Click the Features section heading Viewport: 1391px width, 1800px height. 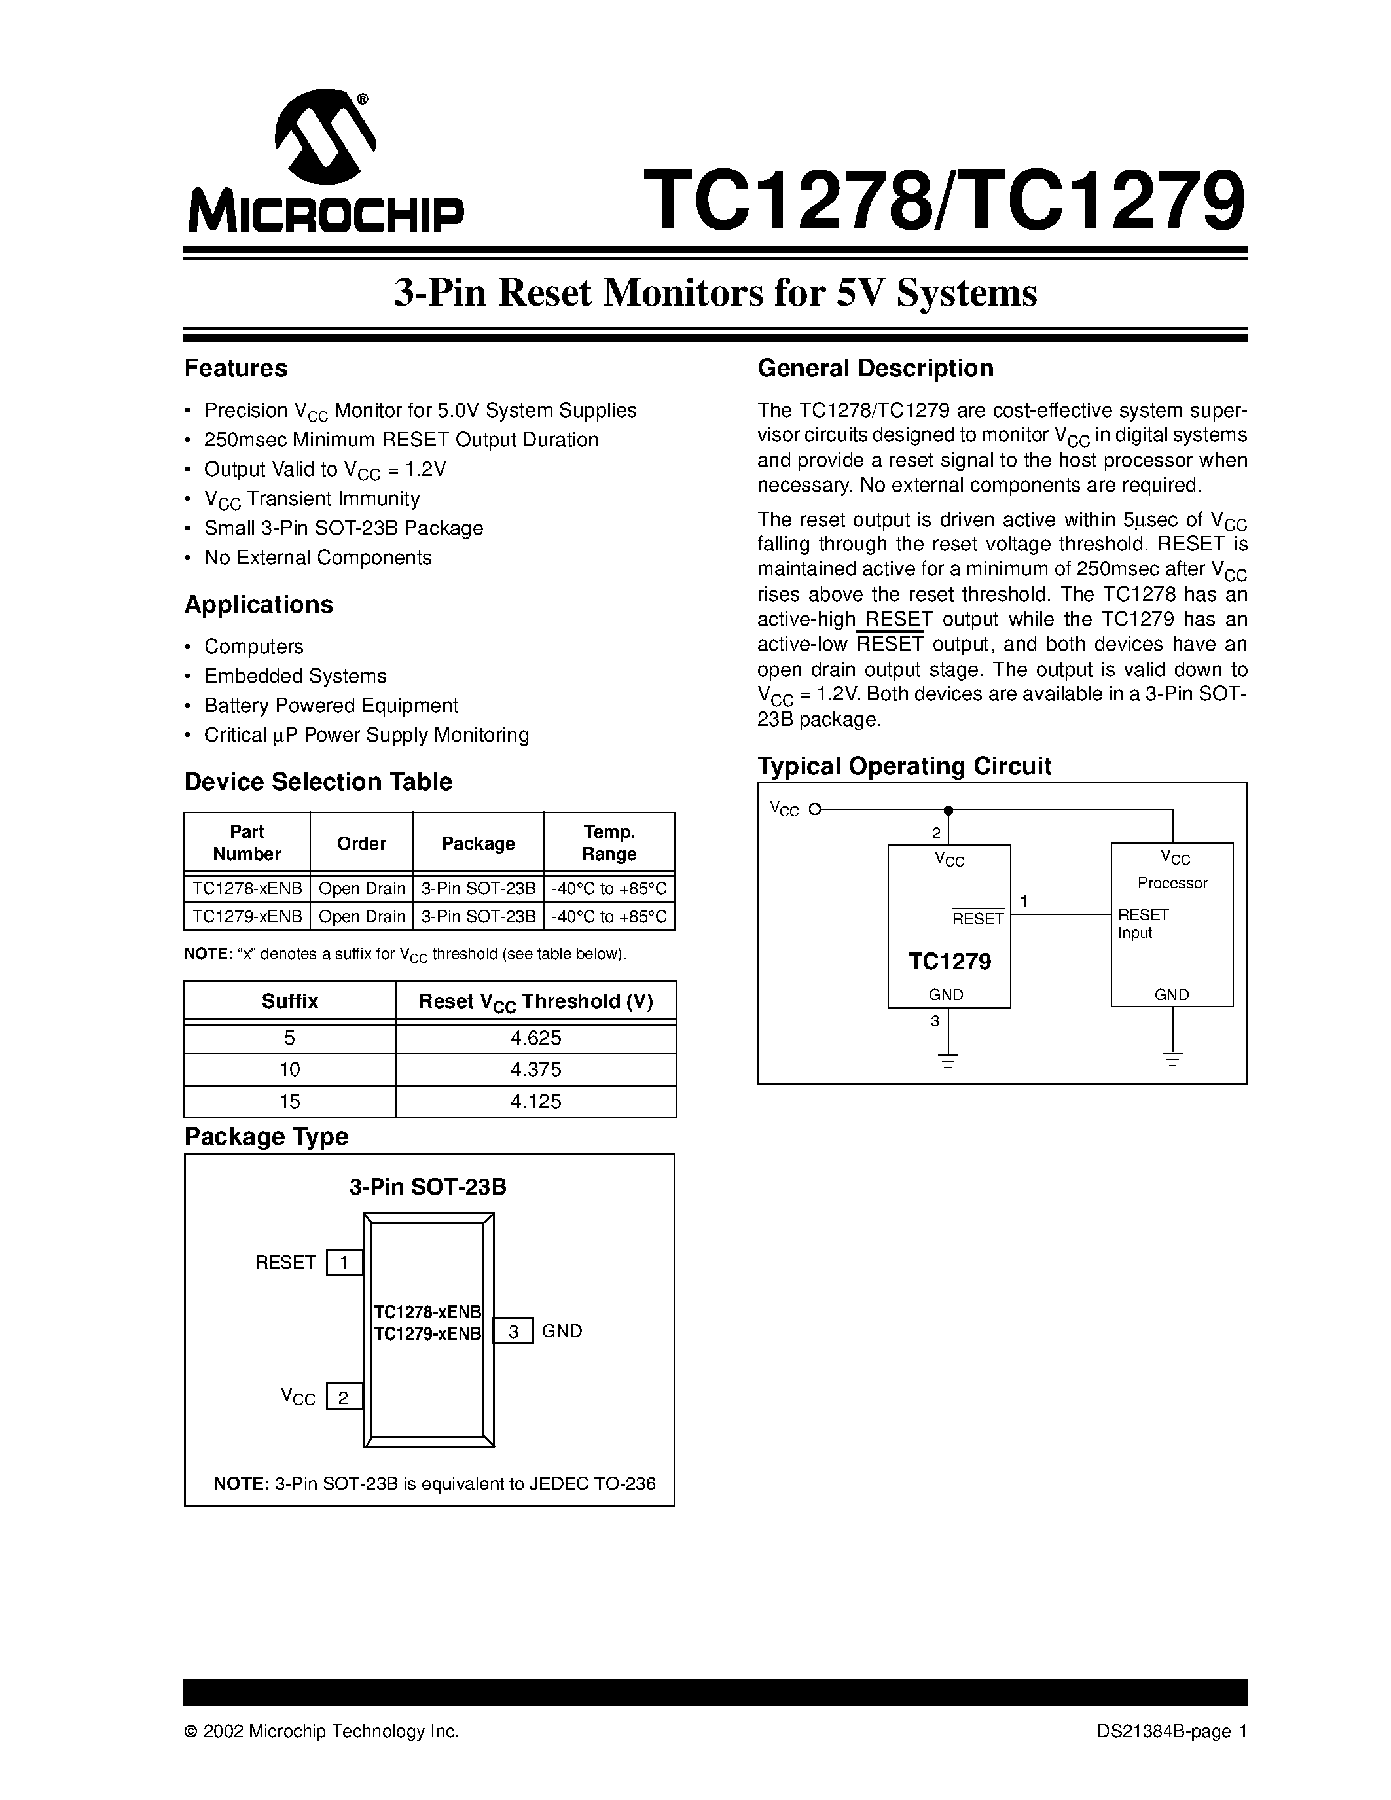tap(236, 369)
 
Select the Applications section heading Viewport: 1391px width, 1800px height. tap(259, 604)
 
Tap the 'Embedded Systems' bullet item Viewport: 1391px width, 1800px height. tap(295, 676)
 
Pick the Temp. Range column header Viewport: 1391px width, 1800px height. tap(609, 842)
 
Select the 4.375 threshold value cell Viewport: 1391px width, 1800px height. tap(535, 1069)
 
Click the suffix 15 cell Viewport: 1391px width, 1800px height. tap(289, 1101)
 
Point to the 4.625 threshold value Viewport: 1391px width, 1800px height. tap(535, 1037)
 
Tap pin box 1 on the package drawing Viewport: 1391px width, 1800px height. tap(344, 1262)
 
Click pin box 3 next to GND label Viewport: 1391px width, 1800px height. tap(513, 1331)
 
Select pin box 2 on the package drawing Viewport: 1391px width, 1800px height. tap(344, 1397)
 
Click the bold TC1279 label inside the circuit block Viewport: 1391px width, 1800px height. tap(949, 961)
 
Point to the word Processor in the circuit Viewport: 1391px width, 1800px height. tap(1172, 883)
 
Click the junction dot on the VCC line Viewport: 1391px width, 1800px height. tap(948, 810)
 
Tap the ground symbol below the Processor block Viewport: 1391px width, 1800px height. tap(1172, 1059)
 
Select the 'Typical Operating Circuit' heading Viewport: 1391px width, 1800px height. tap(904, 766)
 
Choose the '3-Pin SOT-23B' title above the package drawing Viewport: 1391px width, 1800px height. tap(427, 1187)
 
